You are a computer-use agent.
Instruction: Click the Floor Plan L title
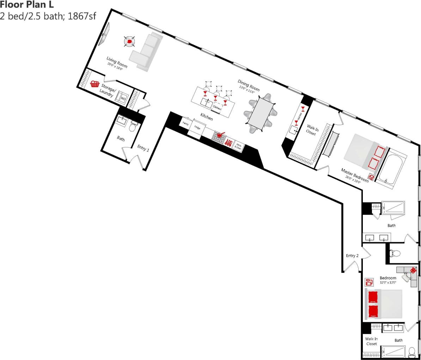(27, 5)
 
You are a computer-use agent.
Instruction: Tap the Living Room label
(117, 62)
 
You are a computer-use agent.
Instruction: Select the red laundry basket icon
(94, 84)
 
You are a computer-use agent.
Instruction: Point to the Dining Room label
(248, 85)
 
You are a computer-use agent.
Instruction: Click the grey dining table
(261, 113)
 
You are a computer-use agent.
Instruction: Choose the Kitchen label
(207, 116)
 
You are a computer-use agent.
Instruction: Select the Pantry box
(186, 124)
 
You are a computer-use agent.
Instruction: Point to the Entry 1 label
(143, 148)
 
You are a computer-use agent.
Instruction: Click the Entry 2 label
(352, 256)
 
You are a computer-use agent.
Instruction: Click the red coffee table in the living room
(130, 42)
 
